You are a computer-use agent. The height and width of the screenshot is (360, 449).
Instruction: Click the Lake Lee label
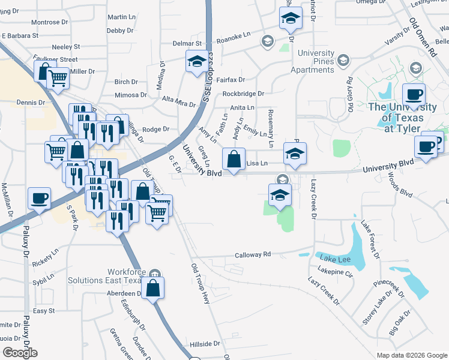coord(335,259)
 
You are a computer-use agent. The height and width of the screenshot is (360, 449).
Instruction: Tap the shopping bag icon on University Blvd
coord(234,160)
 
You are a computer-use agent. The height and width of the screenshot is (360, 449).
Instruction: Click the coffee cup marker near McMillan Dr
coord(39,198)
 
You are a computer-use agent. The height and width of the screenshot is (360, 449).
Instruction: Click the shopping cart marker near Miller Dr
coord(57,77)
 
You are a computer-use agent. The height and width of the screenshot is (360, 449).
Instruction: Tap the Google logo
coord(20,353)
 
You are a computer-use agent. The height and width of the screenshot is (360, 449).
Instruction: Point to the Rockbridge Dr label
coord(243,94)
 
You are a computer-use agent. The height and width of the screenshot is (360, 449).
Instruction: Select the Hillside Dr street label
coord(205,344)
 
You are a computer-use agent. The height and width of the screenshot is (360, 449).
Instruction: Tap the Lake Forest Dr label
coord(370,240)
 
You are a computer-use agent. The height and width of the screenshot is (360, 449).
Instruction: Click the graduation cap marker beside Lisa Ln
coord(295,154)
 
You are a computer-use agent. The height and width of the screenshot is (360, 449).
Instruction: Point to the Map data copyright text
coord(411,355)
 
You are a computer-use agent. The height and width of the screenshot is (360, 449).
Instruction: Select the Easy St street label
coord(44,311)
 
